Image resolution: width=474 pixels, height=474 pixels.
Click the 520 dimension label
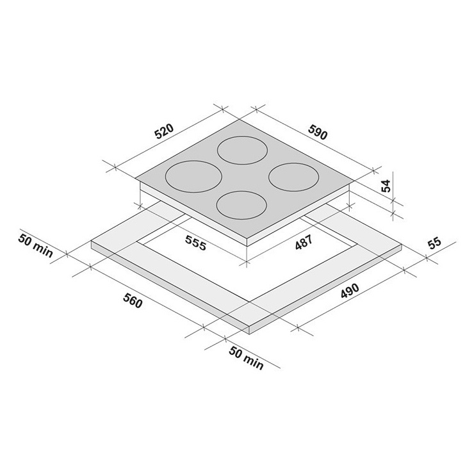click(x=165, y=131)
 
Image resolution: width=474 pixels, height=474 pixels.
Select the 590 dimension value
click(x=318, y=132)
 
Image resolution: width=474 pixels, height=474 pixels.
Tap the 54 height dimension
click(x=386, y=186)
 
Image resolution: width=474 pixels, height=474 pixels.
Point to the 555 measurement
click(x=195, y=243)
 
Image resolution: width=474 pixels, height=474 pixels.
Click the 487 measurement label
click(x=304, y=242)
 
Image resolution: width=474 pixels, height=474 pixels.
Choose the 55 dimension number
click(x=435, y=243)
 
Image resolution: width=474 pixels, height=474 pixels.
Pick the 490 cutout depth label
click(x=350, y=291)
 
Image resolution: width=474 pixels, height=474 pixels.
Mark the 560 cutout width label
click(x=133, y=301)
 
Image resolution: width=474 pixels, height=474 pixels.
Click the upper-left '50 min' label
click(x=36, y=245)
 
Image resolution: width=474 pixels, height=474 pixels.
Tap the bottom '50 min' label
click(x=247, y=358)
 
